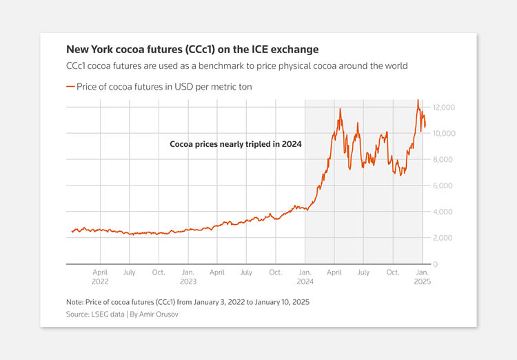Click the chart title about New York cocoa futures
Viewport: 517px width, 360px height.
click(192, 50)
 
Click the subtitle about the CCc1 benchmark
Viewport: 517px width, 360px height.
click(237, 66)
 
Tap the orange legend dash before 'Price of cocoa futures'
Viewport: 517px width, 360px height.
click(70, 86)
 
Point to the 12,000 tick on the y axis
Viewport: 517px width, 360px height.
click(444, 108)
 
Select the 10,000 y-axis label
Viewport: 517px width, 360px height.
click(444, 133)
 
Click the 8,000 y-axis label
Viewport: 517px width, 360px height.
click(445, 159)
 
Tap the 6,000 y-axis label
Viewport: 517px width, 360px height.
click(445, 186)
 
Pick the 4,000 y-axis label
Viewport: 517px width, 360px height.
click(445, 212)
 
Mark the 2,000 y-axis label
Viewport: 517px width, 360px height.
click(445, 238)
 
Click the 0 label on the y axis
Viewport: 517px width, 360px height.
click(435, 264)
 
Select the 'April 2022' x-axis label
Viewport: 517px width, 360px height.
click(100, 277)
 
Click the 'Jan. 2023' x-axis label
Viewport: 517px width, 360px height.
click(187, 277)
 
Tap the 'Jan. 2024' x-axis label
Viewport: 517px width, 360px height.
click(305, 277)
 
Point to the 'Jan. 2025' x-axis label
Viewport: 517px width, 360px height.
click(422, 277)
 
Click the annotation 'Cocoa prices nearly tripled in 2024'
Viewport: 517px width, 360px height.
click(236, 145)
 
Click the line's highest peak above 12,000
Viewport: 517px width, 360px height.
click(417, 101)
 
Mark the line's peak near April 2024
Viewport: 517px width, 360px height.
click(340, 109)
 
